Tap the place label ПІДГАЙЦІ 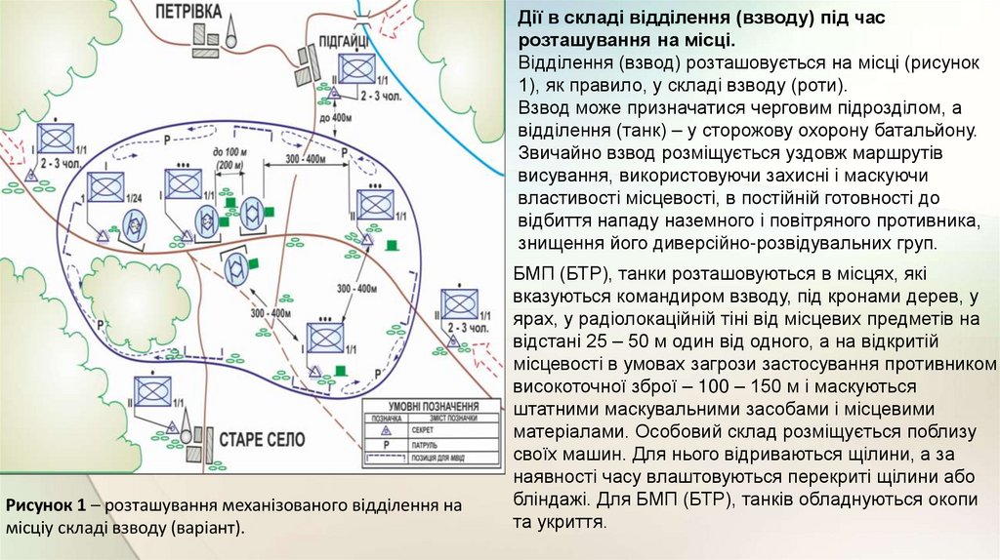pos(343,39)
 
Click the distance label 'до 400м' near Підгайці pos(334,118)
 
